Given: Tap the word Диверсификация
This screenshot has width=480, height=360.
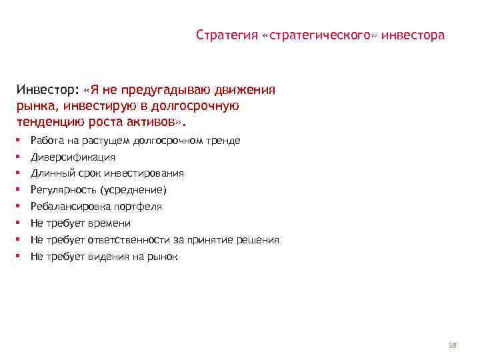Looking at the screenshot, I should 73,157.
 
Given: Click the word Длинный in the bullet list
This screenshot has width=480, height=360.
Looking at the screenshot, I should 51,173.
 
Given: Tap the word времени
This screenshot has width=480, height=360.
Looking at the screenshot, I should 109,223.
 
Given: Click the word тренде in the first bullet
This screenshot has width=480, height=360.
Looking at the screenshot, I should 224,141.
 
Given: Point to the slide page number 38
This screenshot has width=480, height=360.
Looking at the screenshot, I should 453,345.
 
